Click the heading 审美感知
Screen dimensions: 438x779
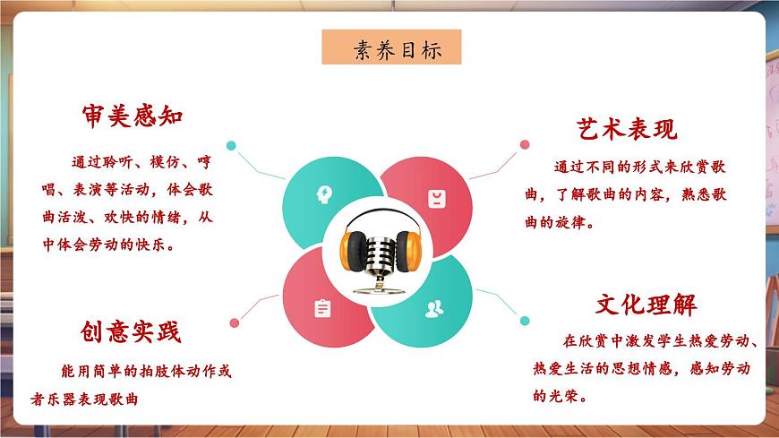tap(132, 116)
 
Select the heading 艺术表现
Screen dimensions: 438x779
tap(627, 129)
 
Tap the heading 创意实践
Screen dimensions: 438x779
tap(131, 332)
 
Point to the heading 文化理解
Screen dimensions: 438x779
tap(646, 305)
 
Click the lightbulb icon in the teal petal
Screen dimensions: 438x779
tap(322, 193)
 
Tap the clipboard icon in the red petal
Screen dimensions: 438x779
tap(322, 308)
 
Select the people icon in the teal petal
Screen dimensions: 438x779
tap(434, 309)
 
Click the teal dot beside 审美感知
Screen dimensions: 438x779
tap(231, 145)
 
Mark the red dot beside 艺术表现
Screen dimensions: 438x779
tap(523, 143)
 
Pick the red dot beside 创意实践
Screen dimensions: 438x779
tap(234, 322)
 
